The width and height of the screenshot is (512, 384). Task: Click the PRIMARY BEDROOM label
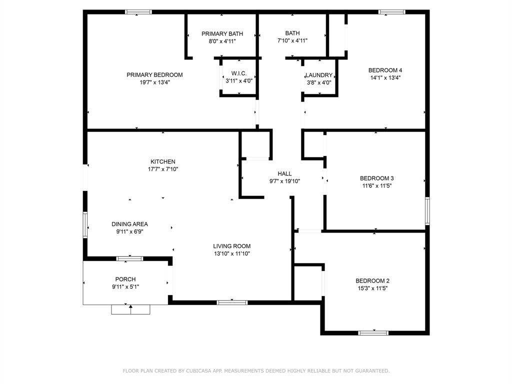click(154, 75)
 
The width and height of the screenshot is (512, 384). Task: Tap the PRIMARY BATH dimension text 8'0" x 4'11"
click(222, 41)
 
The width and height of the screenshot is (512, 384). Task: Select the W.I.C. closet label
click(239, 73)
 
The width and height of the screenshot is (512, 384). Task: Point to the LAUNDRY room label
click(319, 75)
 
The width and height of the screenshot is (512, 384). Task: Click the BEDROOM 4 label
click(385, 70)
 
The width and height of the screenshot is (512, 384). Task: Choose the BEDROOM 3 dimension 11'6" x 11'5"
click(377, 186)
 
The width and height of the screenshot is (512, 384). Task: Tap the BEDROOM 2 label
click(372, 281)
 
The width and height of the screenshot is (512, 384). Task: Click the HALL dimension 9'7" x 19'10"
click(284, 181)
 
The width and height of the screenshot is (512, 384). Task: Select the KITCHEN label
click(163, 161)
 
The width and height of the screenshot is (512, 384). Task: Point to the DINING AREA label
click(129, 224)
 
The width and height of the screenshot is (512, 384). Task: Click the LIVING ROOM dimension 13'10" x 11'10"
click(232, 253)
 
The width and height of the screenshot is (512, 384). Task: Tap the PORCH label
click(125, 279)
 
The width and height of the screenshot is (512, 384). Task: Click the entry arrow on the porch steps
click(130, 309)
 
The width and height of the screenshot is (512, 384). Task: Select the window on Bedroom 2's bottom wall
click(373, 333)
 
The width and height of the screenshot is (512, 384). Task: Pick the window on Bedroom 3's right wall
click(427, 211)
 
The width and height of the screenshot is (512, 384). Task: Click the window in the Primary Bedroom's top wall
click(138, 12)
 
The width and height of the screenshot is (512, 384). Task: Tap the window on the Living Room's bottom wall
click(232, 302)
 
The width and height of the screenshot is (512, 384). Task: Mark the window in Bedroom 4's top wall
click(392, 12)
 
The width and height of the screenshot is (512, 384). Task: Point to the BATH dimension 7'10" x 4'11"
click(292, 40)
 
